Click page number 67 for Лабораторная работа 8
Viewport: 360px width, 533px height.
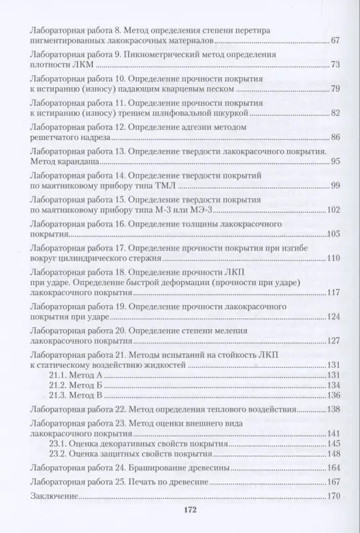[335, 42]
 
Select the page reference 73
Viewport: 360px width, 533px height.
[335, 65]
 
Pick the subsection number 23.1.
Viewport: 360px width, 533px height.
[59, 442]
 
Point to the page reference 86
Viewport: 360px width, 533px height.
[335, 137]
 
